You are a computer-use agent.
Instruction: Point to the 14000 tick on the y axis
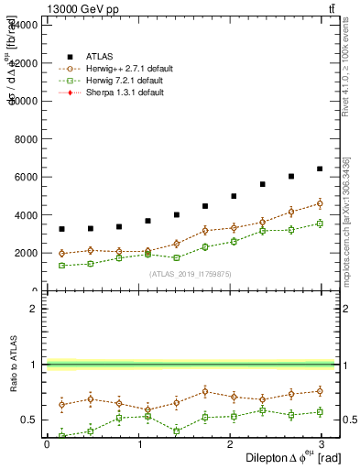click(x=24, y=25)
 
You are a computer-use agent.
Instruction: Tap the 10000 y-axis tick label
click(x=24, y=101)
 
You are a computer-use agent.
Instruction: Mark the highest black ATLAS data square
click(x=320, y=169)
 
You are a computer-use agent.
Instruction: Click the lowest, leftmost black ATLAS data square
click(x=61, y=229)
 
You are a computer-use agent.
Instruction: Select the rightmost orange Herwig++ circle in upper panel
click(x=320, y=203)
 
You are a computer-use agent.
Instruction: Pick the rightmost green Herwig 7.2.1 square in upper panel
click(x=320, y=224)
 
